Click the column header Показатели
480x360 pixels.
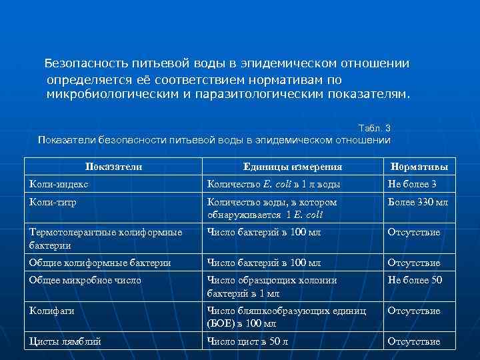114,167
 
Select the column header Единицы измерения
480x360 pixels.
293,167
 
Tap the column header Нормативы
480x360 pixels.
419,167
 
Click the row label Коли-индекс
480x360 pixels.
59,184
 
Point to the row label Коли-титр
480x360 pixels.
55,201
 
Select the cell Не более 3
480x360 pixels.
412,184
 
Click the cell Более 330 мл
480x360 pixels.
418,201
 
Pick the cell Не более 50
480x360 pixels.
415,280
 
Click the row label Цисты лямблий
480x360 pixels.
65,341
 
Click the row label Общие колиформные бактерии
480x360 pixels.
99,263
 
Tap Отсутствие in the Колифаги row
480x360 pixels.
414,311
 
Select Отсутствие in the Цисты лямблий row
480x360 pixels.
414,341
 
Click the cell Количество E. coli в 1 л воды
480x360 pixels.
274,184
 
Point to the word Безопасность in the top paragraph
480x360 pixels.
84,64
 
